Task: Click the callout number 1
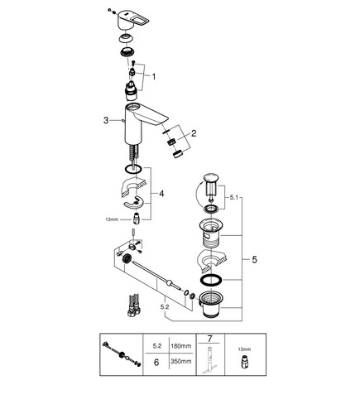click(154, 76)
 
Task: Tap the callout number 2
click(194, 133)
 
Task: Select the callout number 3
click(106, 120)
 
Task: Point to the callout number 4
click(161, 194)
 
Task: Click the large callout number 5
click(254, 259)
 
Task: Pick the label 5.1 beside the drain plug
click(233, 197)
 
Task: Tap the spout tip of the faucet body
click(165, 119)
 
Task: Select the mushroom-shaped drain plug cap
click(211, 178)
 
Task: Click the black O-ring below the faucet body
click(133, 169)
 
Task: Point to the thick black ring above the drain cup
click(211, 280)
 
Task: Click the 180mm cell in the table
click(181, 346)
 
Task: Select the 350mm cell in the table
click(181, 361)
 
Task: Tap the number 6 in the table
click(156, 363)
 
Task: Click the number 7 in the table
click(210, 339)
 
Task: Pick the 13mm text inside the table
click(245, 349)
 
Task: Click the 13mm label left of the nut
click(112, 219)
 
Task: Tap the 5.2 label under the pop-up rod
click(165, 307)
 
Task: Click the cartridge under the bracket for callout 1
click(132, 91)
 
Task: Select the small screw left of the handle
click(109, 10)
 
